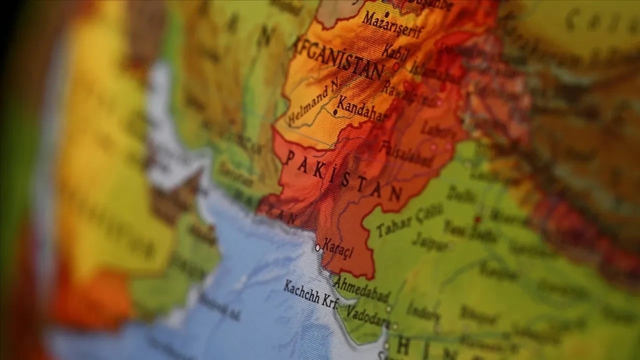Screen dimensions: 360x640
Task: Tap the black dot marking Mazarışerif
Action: point(386,14)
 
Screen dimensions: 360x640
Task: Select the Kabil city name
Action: point(395,51)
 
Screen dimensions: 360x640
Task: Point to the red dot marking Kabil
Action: point(396,65)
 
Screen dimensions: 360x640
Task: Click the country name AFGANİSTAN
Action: point(340,57)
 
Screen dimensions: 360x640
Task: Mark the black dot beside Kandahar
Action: point(334,113)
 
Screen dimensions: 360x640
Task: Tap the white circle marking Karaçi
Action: point(317,247)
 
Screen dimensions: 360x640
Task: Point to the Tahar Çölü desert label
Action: point(409,220)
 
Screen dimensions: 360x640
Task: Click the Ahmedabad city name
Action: point(361,289)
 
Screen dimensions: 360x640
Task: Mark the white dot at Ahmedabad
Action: point(388,309)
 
